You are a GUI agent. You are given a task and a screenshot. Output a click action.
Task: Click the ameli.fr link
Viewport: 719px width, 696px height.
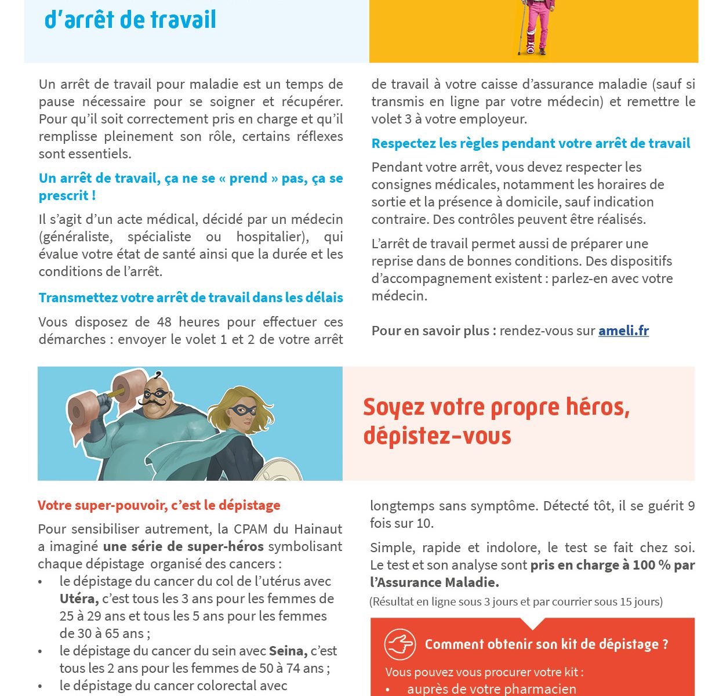point(623,331)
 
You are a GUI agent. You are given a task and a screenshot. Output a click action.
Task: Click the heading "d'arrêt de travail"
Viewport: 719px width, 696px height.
point(130,20)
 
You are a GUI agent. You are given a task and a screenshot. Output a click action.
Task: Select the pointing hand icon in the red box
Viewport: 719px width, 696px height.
point(400,644)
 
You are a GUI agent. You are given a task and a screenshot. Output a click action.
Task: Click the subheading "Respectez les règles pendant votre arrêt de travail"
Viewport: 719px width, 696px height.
point(531,143)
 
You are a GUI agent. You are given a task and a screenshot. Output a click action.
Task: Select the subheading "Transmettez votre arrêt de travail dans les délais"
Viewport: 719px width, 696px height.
point(191,298)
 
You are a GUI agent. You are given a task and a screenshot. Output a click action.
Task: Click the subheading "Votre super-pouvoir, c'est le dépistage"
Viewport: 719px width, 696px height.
point(159,505)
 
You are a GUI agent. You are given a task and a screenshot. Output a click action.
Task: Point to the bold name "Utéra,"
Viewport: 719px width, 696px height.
point(79,599)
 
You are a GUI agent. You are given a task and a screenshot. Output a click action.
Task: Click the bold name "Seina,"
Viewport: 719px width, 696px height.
point(288,651)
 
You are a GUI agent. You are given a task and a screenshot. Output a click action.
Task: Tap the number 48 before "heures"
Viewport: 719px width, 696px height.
point(165,322)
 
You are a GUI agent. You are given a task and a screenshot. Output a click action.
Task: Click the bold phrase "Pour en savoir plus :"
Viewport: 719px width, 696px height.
point(434,331)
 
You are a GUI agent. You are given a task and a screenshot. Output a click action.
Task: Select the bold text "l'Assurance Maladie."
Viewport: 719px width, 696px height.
point(434,582)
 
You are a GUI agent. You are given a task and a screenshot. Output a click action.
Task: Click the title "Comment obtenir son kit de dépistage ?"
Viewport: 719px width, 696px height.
point(546,644)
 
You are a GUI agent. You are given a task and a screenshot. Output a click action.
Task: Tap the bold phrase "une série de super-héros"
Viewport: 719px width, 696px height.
point(183,546)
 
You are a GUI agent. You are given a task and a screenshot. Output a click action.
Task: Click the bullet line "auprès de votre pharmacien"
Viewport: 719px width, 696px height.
point(491,689)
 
